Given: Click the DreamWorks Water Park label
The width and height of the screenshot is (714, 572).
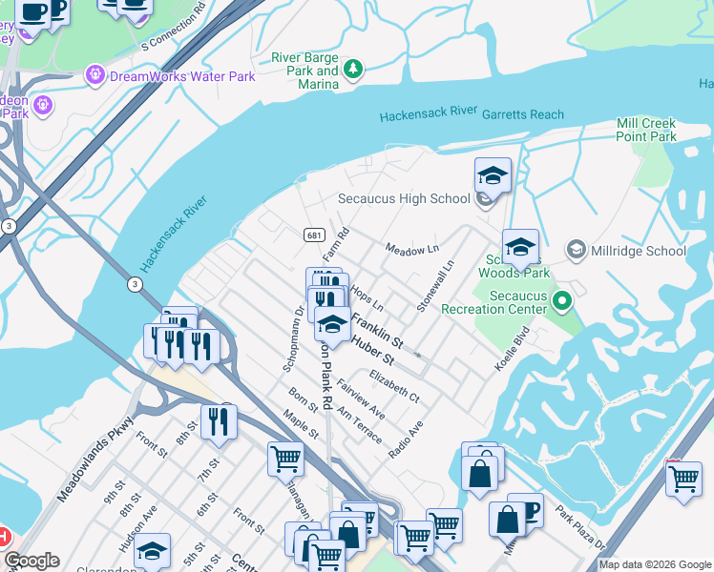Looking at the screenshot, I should [182, 75].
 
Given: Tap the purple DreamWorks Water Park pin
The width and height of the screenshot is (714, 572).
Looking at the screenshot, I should [94, 74].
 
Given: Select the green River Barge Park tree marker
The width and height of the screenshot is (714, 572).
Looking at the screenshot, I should [353, 69].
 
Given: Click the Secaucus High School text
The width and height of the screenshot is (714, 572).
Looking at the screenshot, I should [404, 199].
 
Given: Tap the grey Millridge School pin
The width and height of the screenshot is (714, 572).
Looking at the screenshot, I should [577, 251].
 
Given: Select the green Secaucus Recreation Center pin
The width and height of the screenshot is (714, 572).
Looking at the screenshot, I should [562, 302].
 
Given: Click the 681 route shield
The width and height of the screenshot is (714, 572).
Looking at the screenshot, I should [312, 235].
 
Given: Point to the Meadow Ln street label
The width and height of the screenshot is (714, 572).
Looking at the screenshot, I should [411, 249].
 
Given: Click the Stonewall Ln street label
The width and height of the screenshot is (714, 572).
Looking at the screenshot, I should [434, 287].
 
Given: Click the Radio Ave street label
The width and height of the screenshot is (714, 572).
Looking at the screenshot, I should [406, 440].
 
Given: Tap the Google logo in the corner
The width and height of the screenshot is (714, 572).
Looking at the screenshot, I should [31, 562].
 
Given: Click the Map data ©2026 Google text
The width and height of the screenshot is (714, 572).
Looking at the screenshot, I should [655, 564].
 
